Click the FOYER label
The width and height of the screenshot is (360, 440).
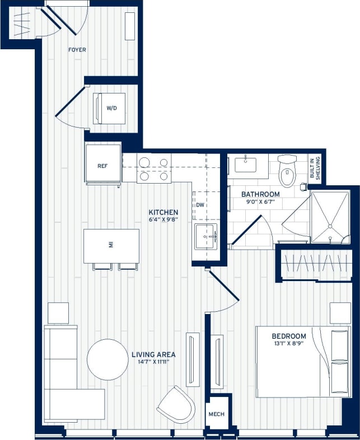(77, 50)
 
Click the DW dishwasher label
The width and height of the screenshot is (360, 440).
(200, 205)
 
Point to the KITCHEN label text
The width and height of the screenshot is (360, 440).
(163, 212)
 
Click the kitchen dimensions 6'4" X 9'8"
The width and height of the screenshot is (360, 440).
(163, 221)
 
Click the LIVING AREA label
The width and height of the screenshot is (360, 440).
(153, 354)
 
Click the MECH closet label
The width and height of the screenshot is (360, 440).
(216, 415)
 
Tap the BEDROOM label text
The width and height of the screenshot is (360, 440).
(289, 336)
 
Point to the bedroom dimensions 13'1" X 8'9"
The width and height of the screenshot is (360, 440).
(289, 344)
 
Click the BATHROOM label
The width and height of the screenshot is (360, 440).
(260, 194)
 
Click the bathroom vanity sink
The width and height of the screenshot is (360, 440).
(245, 165)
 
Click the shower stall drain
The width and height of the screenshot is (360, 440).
(330, 227)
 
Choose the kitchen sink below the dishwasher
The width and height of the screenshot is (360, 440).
(205, 237)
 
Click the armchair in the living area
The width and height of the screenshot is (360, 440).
(176, 404)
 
